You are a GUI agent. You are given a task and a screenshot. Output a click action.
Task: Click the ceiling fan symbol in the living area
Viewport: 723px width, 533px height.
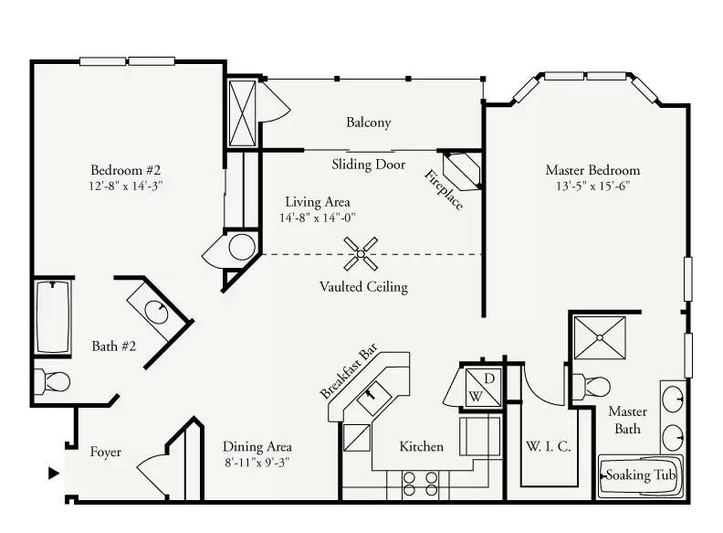(x=361, y=253)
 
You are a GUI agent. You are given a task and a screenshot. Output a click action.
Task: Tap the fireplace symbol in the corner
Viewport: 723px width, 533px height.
(x=462, y=170)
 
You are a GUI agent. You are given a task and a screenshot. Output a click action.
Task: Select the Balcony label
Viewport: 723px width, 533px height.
(x=369, y=123)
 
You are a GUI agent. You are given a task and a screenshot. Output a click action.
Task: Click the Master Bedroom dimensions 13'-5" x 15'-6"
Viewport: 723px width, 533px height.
(x=592, y=187)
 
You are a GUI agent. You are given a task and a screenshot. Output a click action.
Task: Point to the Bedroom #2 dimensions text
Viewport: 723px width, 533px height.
(x=126, y=187)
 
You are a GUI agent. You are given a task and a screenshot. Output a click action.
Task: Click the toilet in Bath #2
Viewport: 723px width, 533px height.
(x=52, y=381)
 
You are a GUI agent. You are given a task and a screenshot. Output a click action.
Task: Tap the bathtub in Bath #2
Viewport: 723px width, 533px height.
(x=53, y=317)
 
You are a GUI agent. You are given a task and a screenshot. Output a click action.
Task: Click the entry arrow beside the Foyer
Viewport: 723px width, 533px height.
(x=54, y=473)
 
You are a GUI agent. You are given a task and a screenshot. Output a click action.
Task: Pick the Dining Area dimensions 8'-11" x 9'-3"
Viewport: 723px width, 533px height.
(x=257, y=463)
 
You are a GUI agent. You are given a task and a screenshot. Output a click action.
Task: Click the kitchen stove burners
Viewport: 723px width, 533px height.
(x=420, y=484)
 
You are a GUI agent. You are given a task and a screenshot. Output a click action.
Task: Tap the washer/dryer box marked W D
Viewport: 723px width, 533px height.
(x=483, y=387)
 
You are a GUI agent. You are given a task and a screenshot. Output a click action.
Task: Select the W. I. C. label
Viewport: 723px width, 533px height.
(x=549, y=447)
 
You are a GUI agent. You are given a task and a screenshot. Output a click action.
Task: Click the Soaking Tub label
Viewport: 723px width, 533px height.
(x=640, y=475)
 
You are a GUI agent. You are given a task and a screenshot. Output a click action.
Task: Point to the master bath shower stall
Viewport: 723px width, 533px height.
(x=600, y=337)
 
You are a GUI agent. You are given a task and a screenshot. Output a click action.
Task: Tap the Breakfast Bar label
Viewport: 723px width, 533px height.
(x=349, y=371)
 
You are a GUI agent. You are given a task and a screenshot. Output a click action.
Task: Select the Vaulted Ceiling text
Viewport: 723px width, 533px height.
(x=364, y=287)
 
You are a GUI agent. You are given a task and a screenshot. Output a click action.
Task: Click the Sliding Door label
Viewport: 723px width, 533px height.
(x=369, y=165)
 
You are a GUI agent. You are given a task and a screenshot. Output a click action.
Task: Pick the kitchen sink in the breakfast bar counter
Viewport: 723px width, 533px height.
(x=374, y=398)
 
